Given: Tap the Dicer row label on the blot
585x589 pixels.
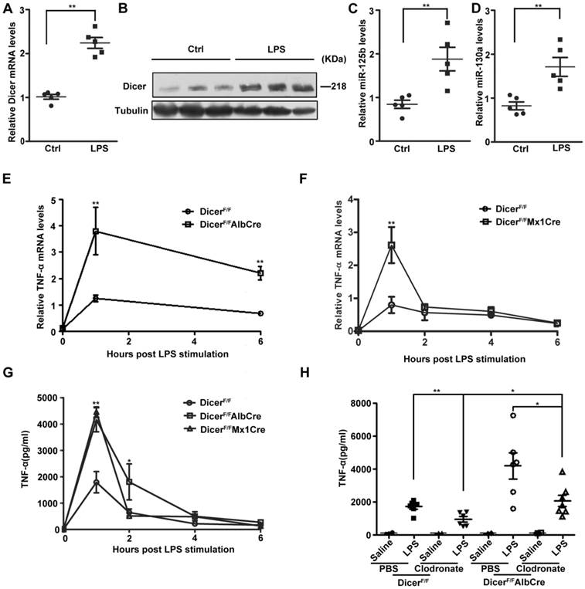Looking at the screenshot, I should pos(133,88).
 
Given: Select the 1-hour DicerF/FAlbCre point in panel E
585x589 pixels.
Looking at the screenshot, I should pos(96,231).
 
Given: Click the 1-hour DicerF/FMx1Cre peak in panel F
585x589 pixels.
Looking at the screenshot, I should pos(393,245).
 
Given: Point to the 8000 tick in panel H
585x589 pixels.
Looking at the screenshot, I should pos(349,402).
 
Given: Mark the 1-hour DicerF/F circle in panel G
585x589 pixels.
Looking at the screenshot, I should pos(95,482).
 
